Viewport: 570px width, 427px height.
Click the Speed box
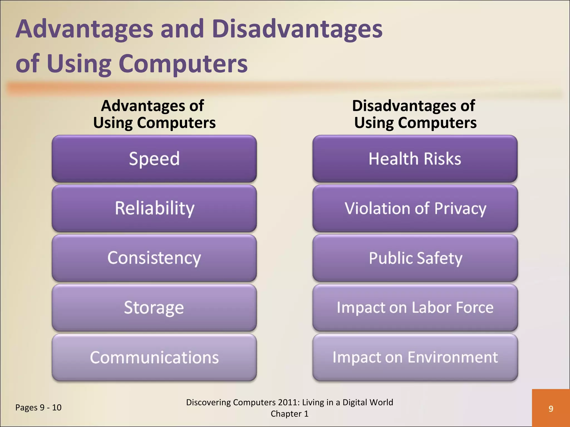[x=154, y=159]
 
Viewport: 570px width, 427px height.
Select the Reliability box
[x=154, y=208]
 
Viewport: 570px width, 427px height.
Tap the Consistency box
[x=154, y=258]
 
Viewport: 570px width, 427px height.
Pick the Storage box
[x=154, y=307]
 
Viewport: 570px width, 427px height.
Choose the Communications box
[x=154, y=357]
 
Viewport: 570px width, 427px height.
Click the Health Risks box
[x=415, y=159]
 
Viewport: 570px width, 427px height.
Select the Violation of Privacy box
[x=415, y=208]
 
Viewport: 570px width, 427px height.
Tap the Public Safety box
[x=415, y=258]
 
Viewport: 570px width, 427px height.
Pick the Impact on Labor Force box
[x=415, y=307]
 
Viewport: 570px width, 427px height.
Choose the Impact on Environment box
[x=415, y=357]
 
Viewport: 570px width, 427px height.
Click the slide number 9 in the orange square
[x=551, y=408]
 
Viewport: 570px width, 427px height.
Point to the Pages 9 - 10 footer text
[x=38, y=408]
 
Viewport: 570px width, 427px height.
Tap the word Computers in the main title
[x=183, y=64]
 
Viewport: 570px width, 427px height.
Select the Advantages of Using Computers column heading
[x=154, y=114]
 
